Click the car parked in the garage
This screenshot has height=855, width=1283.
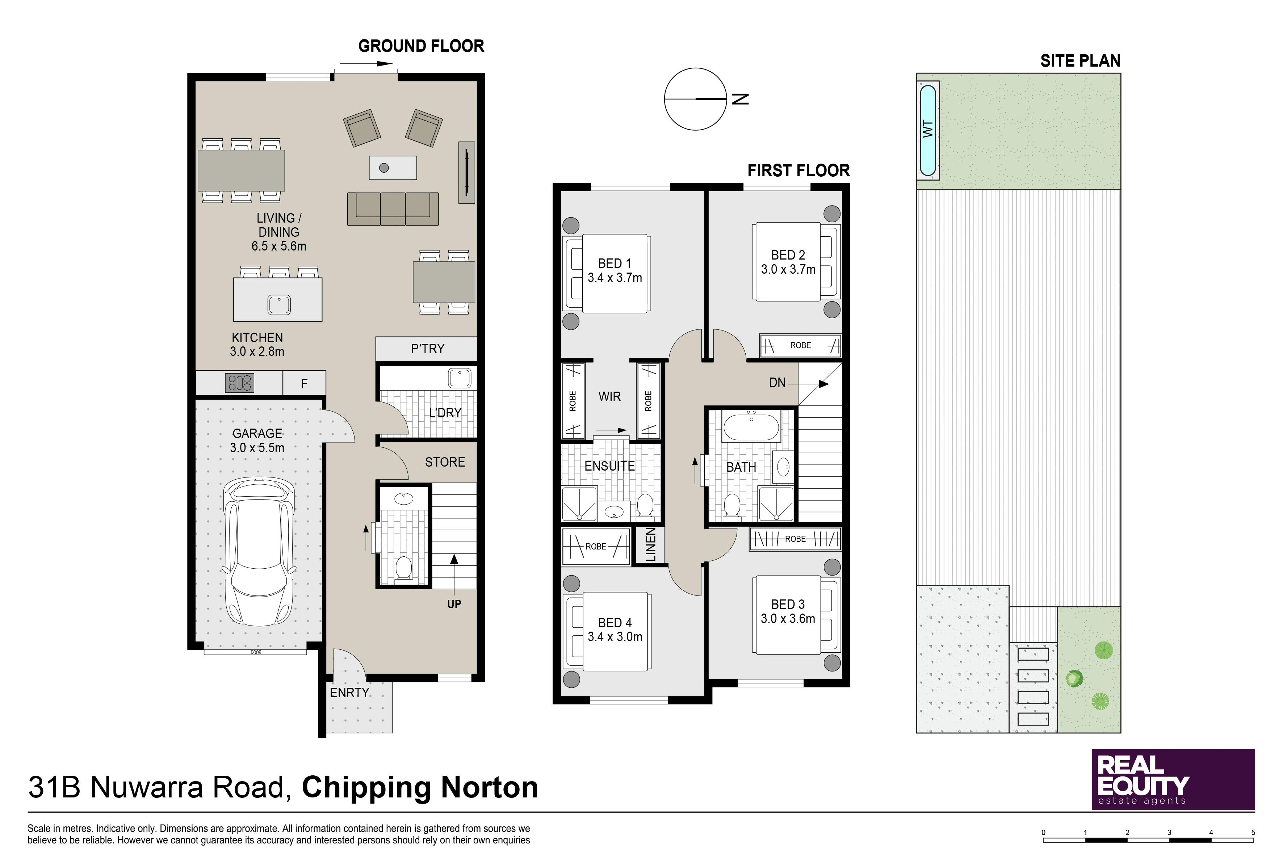click(x=259, y=552)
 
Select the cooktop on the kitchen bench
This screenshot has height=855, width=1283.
click(x=239, y=383)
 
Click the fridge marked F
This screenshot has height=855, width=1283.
click(x=305, y=383)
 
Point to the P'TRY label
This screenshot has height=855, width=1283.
click(x=428, y=349)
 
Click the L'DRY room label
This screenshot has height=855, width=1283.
click(x=445, y=413)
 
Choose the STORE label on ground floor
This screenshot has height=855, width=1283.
click(x=445, y=462)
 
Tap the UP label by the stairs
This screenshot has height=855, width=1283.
click(x=454, y=604)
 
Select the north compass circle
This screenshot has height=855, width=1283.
click(x=696, y=99)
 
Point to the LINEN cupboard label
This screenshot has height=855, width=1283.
click(x=651, y=545)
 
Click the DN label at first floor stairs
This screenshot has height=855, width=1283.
click(x=777, y=383)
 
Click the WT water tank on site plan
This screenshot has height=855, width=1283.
click(x=928, y=130)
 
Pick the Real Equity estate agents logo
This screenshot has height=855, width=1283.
click(x=1173, y=779)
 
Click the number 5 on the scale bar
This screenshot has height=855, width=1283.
click(x=1253, y=833)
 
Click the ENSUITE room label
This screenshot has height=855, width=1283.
click(x=610, y=466)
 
